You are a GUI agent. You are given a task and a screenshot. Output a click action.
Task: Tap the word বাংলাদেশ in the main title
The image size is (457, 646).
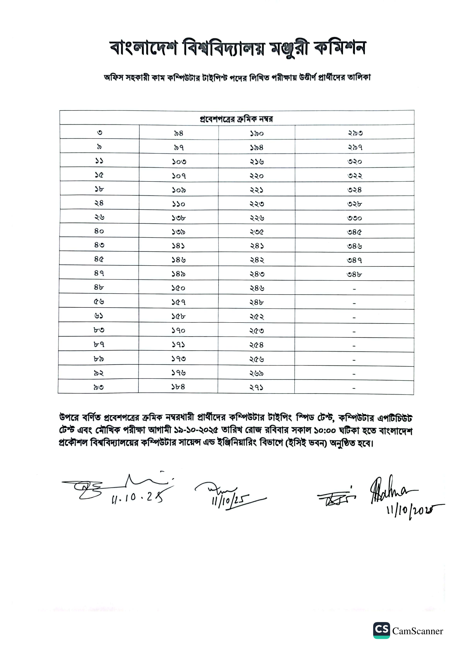[143, 48]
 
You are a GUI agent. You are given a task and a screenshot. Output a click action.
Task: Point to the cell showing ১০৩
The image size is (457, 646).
[179, 161]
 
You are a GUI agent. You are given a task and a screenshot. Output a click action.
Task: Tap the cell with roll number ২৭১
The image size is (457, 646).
[256, 387]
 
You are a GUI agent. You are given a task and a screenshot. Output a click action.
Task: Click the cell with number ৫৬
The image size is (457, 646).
[99, 302]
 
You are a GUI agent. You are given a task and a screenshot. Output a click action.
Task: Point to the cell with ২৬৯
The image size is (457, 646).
[257, 373]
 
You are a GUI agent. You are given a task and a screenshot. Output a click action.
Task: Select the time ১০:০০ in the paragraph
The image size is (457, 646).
[325, 430]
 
